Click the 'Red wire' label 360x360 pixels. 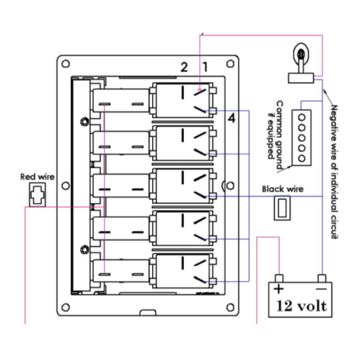click(37, 177)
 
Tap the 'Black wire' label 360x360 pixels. click(283, 189)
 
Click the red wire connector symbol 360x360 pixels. click(37, 194)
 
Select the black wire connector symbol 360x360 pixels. click(282, 208)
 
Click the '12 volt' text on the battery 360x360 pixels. click(302, 306)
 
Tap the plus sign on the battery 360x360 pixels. click(279, 288)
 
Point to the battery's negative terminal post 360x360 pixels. click(322, 278)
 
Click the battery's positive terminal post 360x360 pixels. click(279, 278)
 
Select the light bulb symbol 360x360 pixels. click(301, 64)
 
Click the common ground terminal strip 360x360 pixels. click(302, 138)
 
